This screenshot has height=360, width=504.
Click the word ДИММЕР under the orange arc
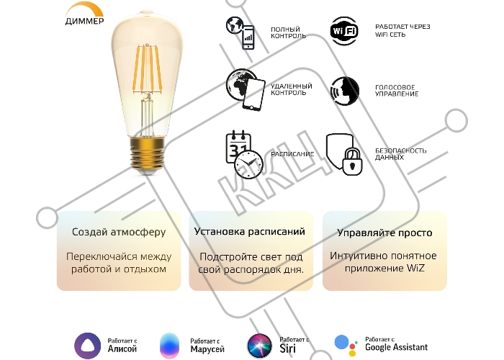point(84,21)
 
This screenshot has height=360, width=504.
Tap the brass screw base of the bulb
point(146,153)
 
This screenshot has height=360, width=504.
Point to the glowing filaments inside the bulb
point(148,69)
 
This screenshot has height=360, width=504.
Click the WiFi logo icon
point(344,31)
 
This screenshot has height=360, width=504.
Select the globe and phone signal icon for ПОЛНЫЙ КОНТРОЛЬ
point(240,33)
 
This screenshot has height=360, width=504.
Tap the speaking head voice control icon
point(345,91)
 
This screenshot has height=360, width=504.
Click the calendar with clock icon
point(244,154)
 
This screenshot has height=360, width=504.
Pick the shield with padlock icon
point(344,154)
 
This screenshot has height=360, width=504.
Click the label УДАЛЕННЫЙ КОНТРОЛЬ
point(291,89)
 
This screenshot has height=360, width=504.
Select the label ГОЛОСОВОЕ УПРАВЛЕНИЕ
point(397,91)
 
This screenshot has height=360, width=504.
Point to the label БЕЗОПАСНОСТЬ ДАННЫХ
point(401,154)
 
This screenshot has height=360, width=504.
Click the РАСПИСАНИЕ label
point(292,154)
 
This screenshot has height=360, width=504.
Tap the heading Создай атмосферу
point(119,232)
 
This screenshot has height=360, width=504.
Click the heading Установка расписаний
point(250,231)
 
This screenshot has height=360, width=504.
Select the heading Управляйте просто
point(384,233)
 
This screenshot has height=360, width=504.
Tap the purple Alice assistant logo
point(87,346)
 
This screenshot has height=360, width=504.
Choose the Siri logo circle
point(260,346)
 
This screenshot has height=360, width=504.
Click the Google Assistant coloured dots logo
point(346,346)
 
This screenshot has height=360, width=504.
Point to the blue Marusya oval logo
point(169,346)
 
